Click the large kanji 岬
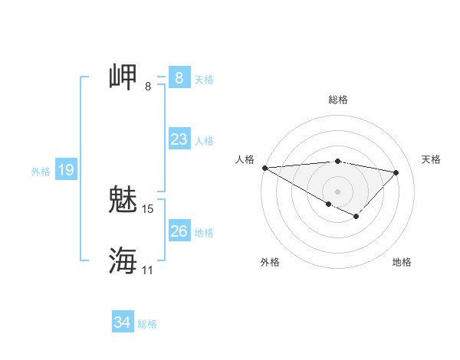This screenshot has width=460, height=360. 123,78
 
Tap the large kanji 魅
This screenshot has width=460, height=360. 123,200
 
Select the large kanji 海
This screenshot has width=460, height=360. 123,260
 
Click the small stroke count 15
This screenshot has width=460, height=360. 148,208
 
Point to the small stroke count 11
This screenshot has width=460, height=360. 148,270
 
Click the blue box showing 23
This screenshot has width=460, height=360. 179,139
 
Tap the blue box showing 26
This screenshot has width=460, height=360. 179,231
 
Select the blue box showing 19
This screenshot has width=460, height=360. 66,170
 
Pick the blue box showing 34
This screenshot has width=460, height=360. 122,322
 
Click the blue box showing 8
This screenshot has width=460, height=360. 179,78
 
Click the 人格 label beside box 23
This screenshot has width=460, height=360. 204,141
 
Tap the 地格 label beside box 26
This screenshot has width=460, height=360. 204,233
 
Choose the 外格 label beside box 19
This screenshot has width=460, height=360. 41,172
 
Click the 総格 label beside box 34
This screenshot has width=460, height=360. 147,324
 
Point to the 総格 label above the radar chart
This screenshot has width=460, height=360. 338,100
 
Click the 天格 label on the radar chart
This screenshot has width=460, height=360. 432,159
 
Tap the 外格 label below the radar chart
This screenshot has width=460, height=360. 270,262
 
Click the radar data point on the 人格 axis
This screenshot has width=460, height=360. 264,168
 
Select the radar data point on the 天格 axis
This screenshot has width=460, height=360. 396,172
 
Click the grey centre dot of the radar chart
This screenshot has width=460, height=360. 337,191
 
